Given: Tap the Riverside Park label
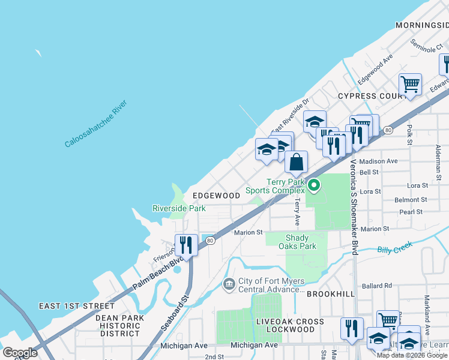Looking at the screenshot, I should (179, 208).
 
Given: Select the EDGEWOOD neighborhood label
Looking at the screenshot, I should (216, 196).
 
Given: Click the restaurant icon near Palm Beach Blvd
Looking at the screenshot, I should (186, 245).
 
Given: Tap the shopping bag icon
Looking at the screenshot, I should (296, 163).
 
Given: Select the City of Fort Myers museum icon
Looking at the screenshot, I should (229, 283).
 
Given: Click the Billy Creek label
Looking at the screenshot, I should (394, 249).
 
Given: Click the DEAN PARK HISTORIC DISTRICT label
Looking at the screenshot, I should (121, 325).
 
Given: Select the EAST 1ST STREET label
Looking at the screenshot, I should (76, 306).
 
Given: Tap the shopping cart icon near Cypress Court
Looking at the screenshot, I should (410, 85).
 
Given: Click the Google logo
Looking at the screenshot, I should (20, 353).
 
